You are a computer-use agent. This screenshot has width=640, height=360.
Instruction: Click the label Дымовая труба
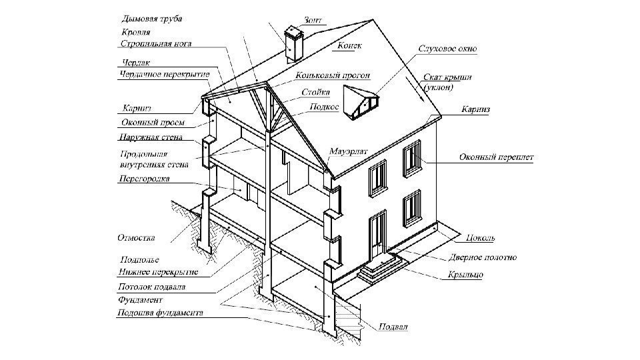(153, 18)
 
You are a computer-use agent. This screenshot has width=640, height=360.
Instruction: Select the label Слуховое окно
(447, 49)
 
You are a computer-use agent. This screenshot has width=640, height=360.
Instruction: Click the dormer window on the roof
(361, 102)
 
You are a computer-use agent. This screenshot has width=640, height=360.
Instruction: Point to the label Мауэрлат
(348, 151)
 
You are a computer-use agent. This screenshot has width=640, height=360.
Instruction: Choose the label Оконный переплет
(496, 157)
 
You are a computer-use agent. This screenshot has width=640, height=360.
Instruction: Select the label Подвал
(393, 327)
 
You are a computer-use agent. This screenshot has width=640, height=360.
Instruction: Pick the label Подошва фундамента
(160, 313)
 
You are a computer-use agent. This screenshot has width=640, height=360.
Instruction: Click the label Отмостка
(136, 237)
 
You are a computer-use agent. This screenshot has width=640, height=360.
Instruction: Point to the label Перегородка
(143, 179)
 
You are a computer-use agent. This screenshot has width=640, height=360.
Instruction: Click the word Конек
(350, 46)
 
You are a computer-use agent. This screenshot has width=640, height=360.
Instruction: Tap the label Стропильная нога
(156, 44)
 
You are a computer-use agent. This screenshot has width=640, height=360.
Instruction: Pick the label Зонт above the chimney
(312, 21)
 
